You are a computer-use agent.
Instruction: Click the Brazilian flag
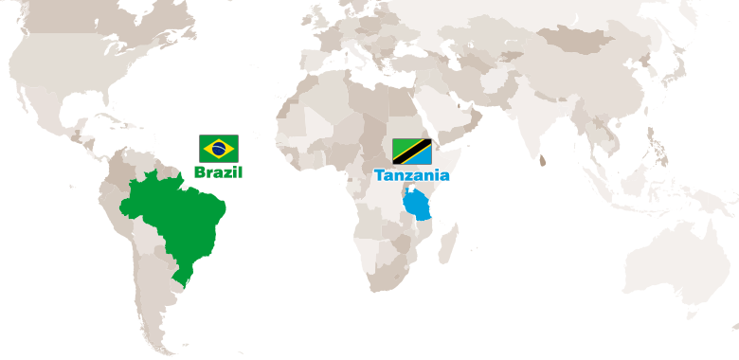218,148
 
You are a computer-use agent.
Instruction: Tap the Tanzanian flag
412,152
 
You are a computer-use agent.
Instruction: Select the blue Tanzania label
411,175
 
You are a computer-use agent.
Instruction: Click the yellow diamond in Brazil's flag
218,148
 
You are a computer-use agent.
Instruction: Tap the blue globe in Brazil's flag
218,148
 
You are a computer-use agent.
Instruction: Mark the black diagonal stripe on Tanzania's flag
412,152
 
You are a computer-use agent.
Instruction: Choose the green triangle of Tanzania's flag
400,144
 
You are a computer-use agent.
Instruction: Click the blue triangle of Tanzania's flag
424,159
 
